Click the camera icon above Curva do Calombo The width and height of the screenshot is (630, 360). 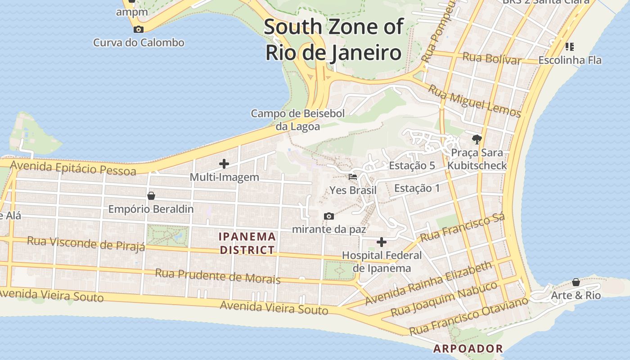coord(139,30)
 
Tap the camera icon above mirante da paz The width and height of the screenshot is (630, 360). coord(329,216)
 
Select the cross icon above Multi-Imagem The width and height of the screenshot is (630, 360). coord(224,164)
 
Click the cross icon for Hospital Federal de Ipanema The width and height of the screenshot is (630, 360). coord(382,243)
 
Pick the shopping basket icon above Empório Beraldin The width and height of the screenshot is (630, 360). coord(151,196)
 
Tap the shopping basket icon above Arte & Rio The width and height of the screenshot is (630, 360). coord(576,282)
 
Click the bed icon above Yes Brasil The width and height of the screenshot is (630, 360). coord(353,177)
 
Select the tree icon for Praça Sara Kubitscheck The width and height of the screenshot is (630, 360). coord(477,139)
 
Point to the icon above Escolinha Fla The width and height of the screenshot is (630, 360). coord(570,46)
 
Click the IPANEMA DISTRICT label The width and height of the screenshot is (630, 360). coord(247,243)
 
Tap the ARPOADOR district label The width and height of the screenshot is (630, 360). coord(468,348)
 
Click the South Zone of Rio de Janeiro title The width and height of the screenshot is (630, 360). coord(333,40)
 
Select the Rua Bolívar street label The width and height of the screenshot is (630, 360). coord(492,58)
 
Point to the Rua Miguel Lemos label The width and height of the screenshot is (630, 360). coord(474,101)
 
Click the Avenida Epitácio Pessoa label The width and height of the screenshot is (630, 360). coord(73,168)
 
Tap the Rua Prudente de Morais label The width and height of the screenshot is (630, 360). coord(218,276)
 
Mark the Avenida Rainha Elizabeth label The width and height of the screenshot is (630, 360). coord(428,283)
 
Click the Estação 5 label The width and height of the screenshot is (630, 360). coord(412,166)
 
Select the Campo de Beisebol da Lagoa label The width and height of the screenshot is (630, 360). coord(298,120)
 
